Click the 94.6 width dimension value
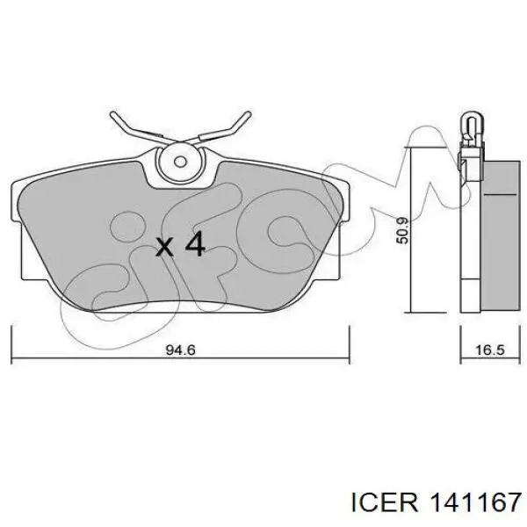click(x=180, y=350)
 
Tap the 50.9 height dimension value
click(x=402, y=230)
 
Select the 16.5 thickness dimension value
click(x=490, y=350)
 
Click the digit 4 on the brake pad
click(x=195, y=244)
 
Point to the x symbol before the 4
click(x=165, y=247)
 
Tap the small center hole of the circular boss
click(x=180, y=162)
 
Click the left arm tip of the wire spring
click(x=113, y=115)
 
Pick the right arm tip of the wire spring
click(x=249, y=114)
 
